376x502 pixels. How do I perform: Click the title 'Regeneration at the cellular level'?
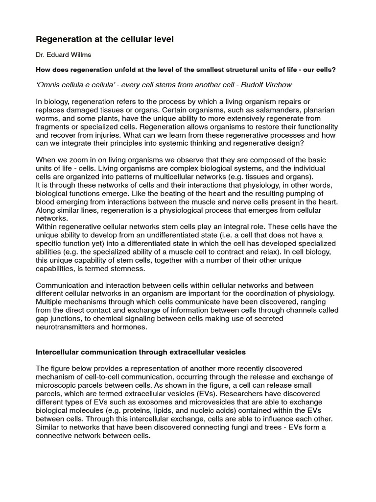click(x=105, y=39)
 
